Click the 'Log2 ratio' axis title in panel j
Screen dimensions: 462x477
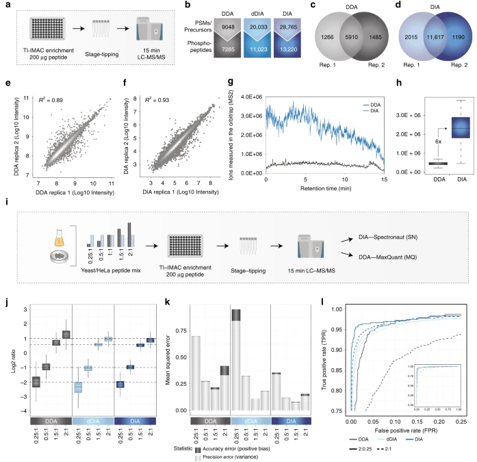pos(11,357)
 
